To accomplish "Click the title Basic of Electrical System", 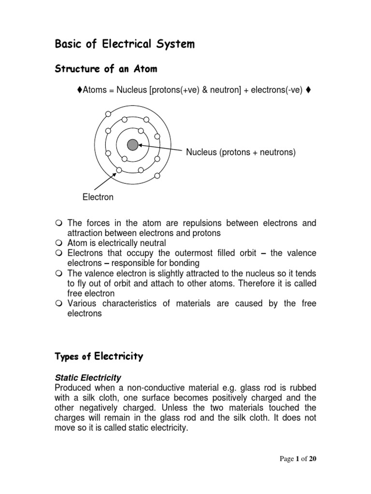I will pyautogui.click(x=125, y=45).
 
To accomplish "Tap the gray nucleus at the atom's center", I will pyautogui.click(x=132, y=144).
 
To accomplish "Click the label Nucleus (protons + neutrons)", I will pyautogui.click(x=241, y=153).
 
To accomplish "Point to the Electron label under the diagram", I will pyautogui.click(x=98, y=197).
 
